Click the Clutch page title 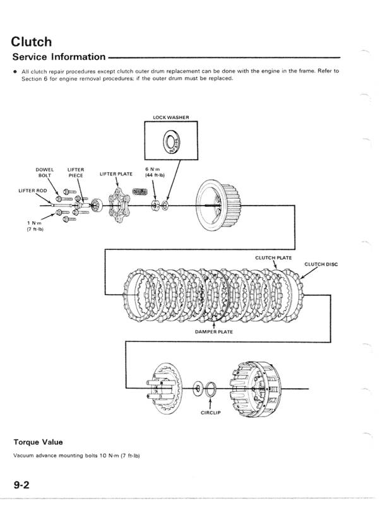[x=32, y=42]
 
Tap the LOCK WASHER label [x=171, y=117]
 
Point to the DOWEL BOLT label [x=45, y=173]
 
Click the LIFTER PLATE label [x=116, y=174]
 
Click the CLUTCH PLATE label [x=273, y=257]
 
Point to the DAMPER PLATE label [x=213, y=330]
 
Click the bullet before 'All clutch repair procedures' [x=15, y=71]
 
